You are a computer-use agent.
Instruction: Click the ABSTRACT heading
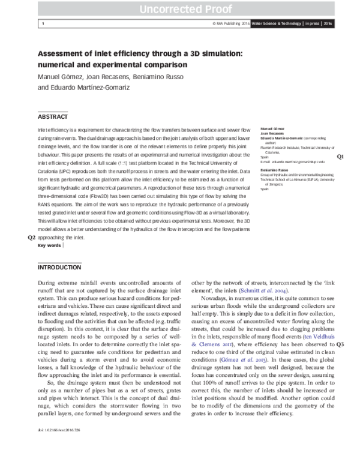[x=53, y=116]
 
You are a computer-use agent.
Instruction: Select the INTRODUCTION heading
[x=59, y=267]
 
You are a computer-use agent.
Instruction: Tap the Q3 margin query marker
[x=340, y=344]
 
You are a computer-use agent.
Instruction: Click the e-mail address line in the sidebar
[x=292, y=161]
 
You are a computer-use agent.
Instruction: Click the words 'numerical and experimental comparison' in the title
[x=106, y=65]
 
